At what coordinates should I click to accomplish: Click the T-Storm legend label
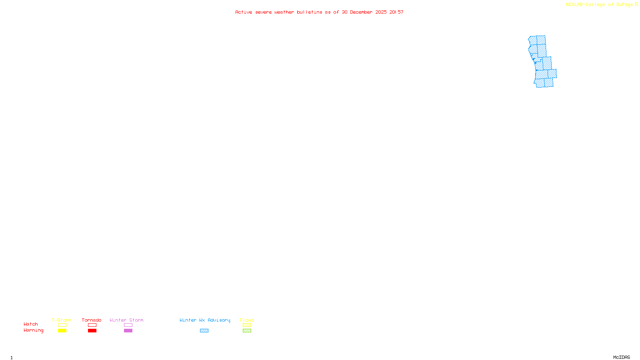(62, 320)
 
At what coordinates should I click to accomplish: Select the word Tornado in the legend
(92, 320)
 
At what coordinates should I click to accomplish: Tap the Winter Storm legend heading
(126, 320)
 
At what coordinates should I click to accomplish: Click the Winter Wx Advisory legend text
(205, 320)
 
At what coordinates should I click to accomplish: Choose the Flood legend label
(247, 320)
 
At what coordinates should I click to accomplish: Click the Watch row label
(31, 324)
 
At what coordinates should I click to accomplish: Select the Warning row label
(33, 330)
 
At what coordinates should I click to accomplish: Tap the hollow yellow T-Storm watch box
(62, 325)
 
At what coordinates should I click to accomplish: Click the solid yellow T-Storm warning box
(62, 331)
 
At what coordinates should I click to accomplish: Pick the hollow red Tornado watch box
(92, 325)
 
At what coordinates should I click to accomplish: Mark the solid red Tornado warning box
(92, 331)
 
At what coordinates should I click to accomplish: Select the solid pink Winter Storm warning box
(128, 331)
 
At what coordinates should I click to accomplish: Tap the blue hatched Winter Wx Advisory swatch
(204, 331)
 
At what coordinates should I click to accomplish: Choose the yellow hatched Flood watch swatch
(247, 325)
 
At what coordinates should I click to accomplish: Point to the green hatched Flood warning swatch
(247, 331)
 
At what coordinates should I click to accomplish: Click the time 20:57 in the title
(396, 12)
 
